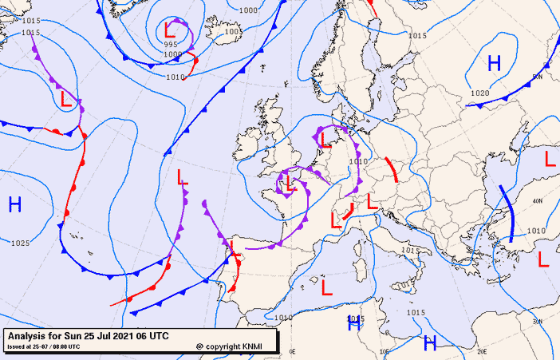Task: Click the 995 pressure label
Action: point(172,45)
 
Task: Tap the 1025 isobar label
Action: point(20,243)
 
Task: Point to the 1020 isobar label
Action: point(479,93)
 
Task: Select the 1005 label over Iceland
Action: point(233,32)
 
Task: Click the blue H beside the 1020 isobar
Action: point(494,63)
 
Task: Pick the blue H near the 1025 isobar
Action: point(14,204)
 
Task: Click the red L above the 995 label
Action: point(170,30)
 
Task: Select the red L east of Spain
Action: point(326,287)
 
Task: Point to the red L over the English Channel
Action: point(290,185)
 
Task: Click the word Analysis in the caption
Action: point(30,335)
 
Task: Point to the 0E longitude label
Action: point(293,351)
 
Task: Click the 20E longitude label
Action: point(481,351)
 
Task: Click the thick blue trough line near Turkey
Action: point(507,212)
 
